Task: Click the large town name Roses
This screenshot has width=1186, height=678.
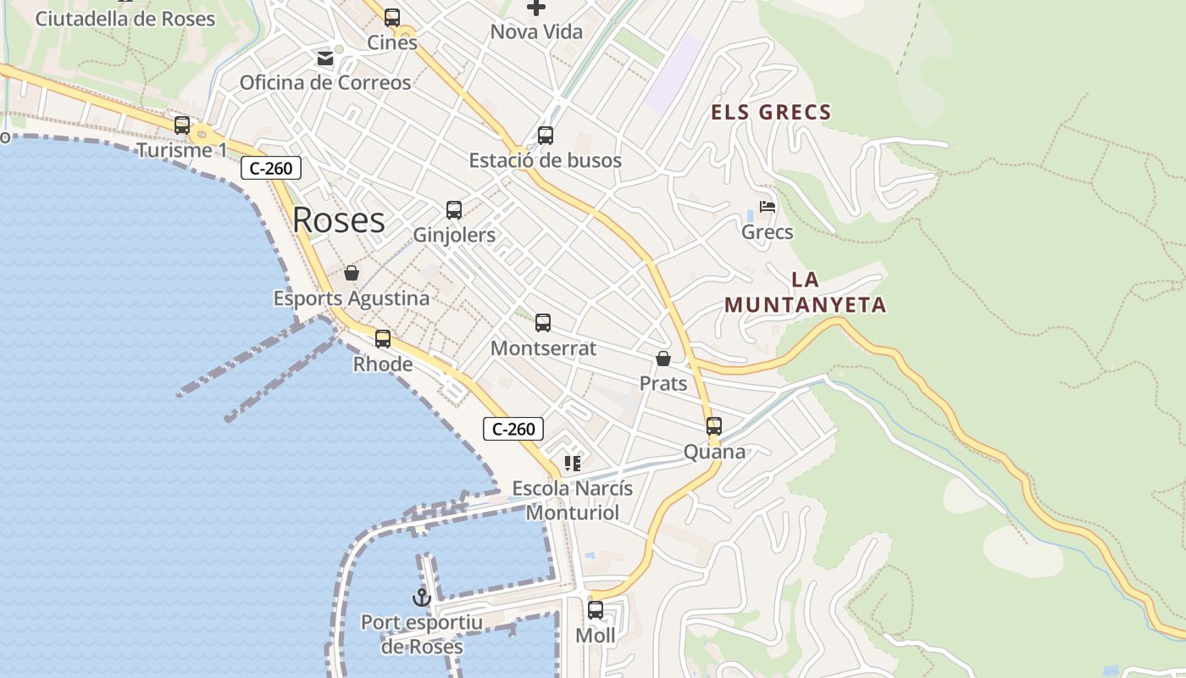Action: coord(338,220)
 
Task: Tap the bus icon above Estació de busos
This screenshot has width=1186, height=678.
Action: coord(546,135)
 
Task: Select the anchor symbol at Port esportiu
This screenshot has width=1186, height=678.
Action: coord(421,597)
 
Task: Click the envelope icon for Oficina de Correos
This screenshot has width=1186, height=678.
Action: coord(325,58)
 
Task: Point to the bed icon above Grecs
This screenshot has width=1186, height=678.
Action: coord(768,207)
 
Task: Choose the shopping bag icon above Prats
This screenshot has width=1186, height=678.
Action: coord(663,358)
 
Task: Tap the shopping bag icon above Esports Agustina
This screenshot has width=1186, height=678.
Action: coord(352,273)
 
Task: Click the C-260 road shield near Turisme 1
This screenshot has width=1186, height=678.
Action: coord(271,168)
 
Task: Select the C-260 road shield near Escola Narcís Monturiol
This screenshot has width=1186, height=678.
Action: coord(513,429)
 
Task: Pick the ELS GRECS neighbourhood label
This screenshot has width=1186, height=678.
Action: coord(771,112)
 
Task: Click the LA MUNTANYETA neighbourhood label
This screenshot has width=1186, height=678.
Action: coord(805,292)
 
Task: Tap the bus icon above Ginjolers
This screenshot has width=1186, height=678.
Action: coord(454,209)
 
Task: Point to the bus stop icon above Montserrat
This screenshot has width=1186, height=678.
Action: coord(543,323)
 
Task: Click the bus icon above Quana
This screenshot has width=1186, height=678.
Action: coord(714,425)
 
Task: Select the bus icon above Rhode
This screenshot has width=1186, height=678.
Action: coord(383,339)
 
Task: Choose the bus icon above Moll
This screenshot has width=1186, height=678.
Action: coord(596,609)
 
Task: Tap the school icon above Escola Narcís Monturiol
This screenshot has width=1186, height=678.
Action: coord(573,464)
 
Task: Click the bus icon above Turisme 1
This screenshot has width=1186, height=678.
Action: coord(182,125)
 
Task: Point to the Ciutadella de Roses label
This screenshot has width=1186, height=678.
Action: coord(125,19)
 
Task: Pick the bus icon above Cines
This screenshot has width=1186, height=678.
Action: coord(392,17)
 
